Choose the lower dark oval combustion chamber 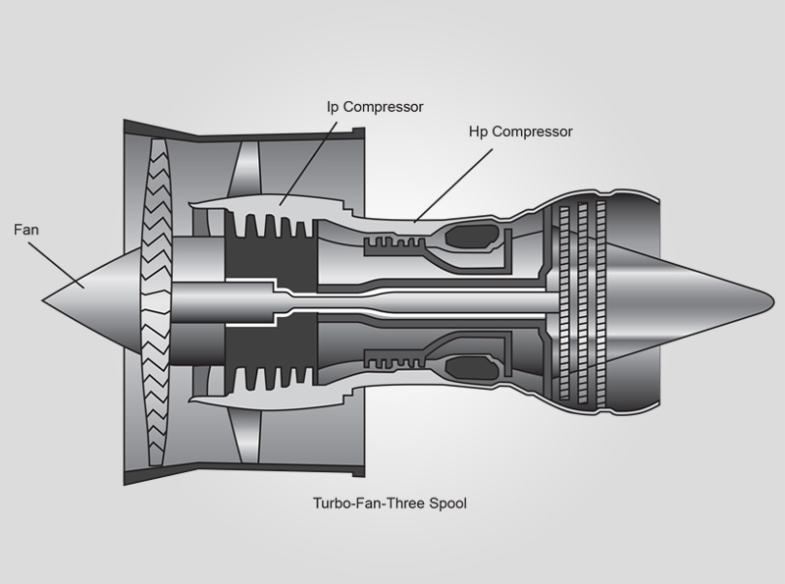[470, 369]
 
